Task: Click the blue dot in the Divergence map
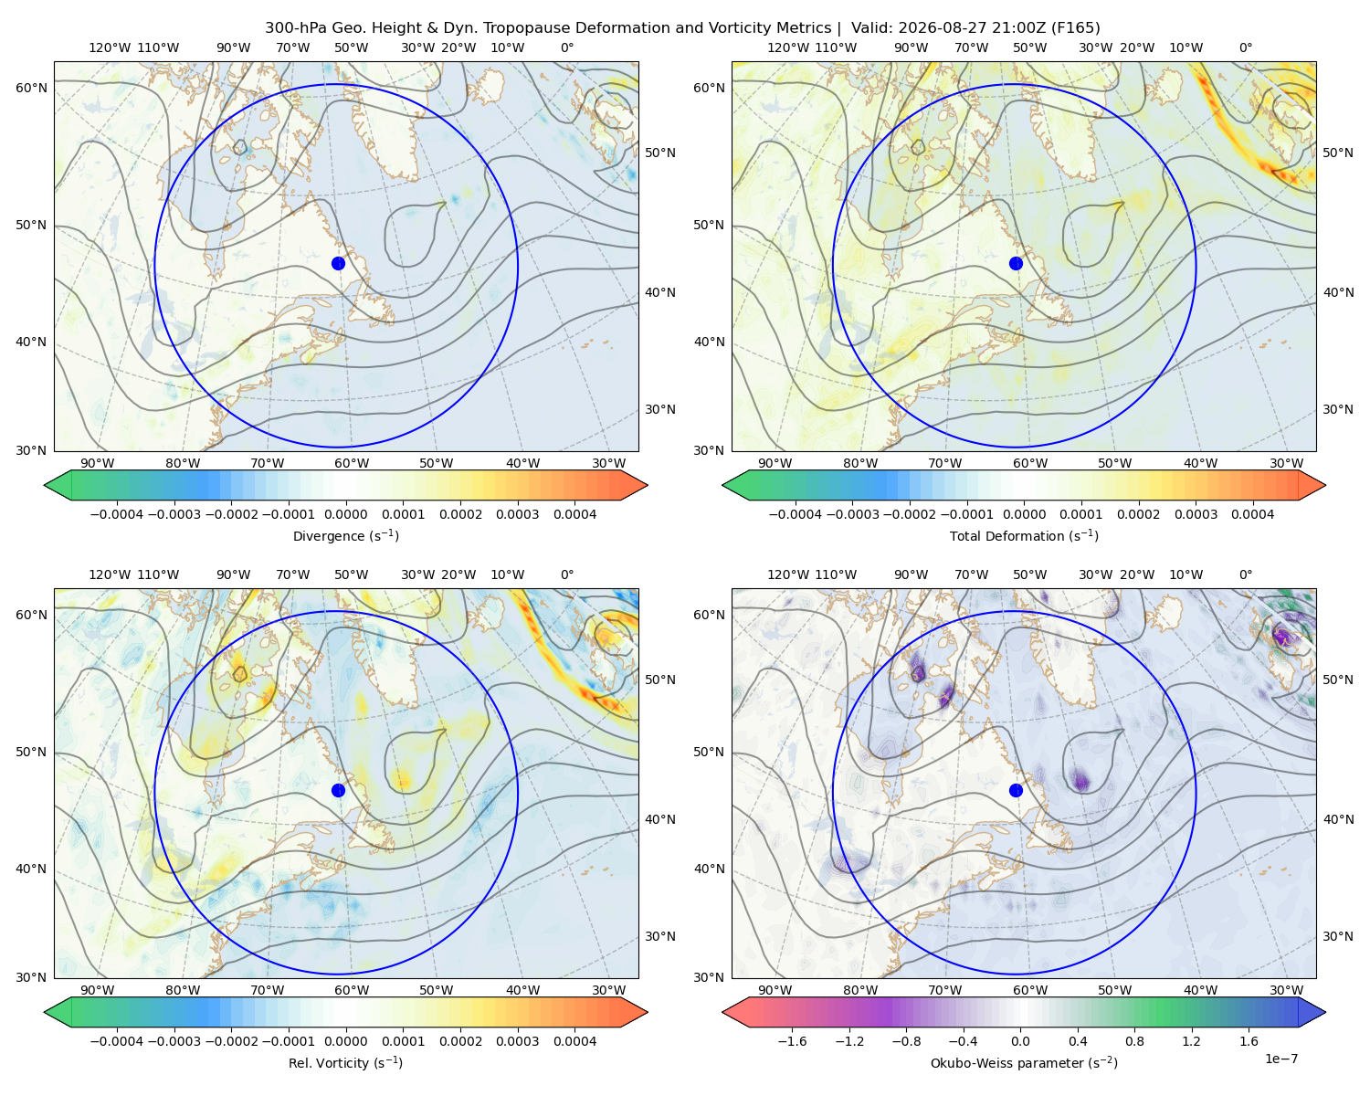click(x=338, y=263)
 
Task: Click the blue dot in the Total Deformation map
click(x=1016, y=263)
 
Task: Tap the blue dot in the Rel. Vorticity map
click(x=338, y=790)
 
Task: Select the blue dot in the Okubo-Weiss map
click(x=1016, y=790)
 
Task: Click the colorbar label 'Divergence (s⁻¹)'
click(x=345, y=535)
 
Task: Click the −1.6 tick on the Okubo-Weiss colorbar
click(x=792, y=1041)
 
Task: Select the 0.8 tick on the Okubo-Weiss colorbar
click(x=1134, y=1041)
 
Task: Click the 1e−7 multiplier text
click(x=1280, y=1059)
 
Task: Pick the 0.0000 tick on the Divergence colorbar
click(x=345, y=514)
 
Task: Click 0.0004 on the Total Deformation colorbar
click(x=1253, y=514)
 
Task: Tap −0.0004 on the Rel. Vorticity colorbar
click(x=117, y=1041)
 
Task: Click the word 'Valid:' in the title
click(x=871, y=28)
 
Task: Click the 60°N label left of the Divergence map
click(x=31, y=88)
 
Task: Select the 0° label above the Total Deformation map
click(x=1246, y=47)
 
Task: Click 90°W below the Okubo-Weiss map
click(x=775, y=990)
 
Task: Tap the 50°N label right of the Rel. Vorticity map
click(x=660, y=680)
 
